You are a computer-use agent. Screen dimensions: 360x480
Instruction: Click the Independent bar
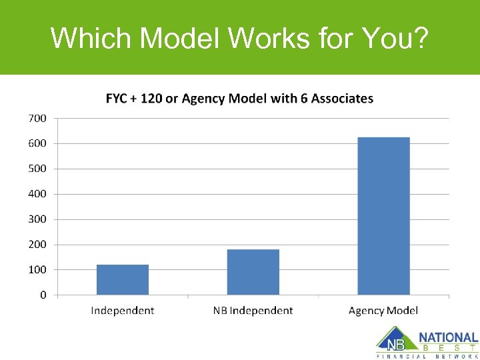point(123,279)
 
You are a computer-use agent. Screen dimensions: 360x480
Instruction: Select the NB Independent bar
point(253,272)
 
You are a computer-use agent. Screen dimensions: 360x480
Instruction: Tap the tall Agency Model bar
point(383,216)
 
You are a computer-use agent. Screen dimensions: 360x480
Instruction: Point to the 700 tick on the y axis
point(37,118)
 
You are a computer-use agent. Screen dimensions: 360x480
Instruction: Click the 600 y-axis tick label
point(37,143)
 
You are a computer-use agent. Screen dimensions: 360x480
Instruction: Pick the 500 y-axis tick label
point(37,169)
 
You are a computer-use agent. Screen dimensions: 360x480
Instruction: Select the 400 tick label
point(37,194)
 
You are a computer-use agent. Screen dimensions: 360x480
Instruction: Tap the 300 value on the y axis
point(37,219)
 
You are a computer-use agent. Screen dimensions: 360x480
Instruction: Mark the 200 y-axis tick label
point(37,244)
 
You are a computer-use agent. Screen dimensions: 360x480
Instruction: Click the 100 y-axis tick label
point(37,269)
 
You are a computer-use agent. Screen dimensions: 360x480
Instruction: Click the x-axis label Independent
point(123,311)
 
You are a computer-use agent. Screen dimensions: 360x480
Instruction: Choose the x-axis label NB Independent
point(253,311)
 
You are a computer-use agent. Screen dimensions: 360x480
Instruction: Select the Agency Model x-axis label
point(383,311)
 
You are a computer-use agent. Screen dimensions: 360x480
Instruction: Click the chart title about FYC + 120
point(239,99)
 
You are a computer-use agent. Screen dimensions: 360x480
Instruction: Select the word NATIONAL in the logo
point(448,338)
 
